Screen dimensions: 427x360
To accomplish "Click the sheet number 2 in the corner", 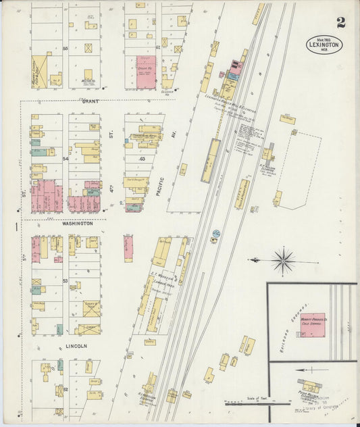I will pyautogui.click(x=341, y=22).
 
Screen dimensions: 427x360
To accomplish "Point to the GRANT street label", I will pyautogui.click(x=90, y=101).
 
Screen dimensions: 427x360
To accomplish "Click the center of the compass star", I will pyautogui.click(x=283, y=259).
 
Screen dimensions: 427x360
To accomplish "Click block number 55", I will pyautogui.click(x=66, y=49).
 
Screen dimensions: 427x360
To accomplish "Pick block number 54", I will pyautogui.click(x=66, y=157).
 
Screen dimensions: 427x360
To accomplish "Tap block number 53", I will pyautogui.click(x=66, y=280).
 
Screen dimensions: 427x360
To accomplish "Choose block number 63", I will pyautogui.click(x=142, y=159).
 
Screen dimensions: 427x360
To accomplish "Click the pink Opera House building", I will pyautogui.click(x=146, y=72).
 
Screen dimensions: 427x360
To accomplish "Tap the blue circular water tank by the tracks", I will pyautogui.click(x=216, y=233).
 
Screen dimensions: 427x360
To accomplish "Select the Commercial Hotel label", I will pyautogui.click(x=145, y=136).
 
